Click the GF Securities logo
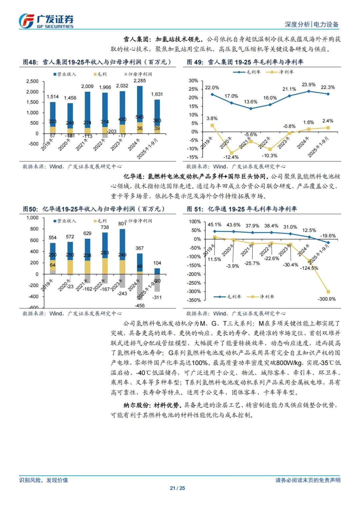pos(46,21)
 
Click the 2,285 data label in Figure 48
pos(139,81)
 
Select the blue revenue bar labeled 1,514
pos(53,110)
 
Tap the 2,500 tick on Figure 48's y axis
pos(32,81)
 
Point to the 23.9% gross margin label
pos(308,85)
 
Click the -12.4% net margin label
pos(231,157)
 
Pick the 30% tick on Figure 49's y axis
pos(193,81)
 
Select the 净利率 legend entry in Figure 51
pos(263,297)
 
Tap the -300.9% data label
pos(326,299)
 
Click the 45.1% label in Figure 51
pos(214,225)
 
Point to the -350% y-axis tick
pos(195,300)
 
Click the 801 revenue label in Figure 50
pos(122,224)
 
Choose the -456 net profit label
pos(139,305)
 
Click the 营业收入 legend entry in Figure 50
pos(65,221)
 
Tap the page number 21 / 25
pos(177,488)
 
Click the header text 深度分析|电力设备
pos(311,24)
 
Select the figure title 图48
pos(30,62)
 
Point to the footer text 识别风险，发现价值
pos(44,480)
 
